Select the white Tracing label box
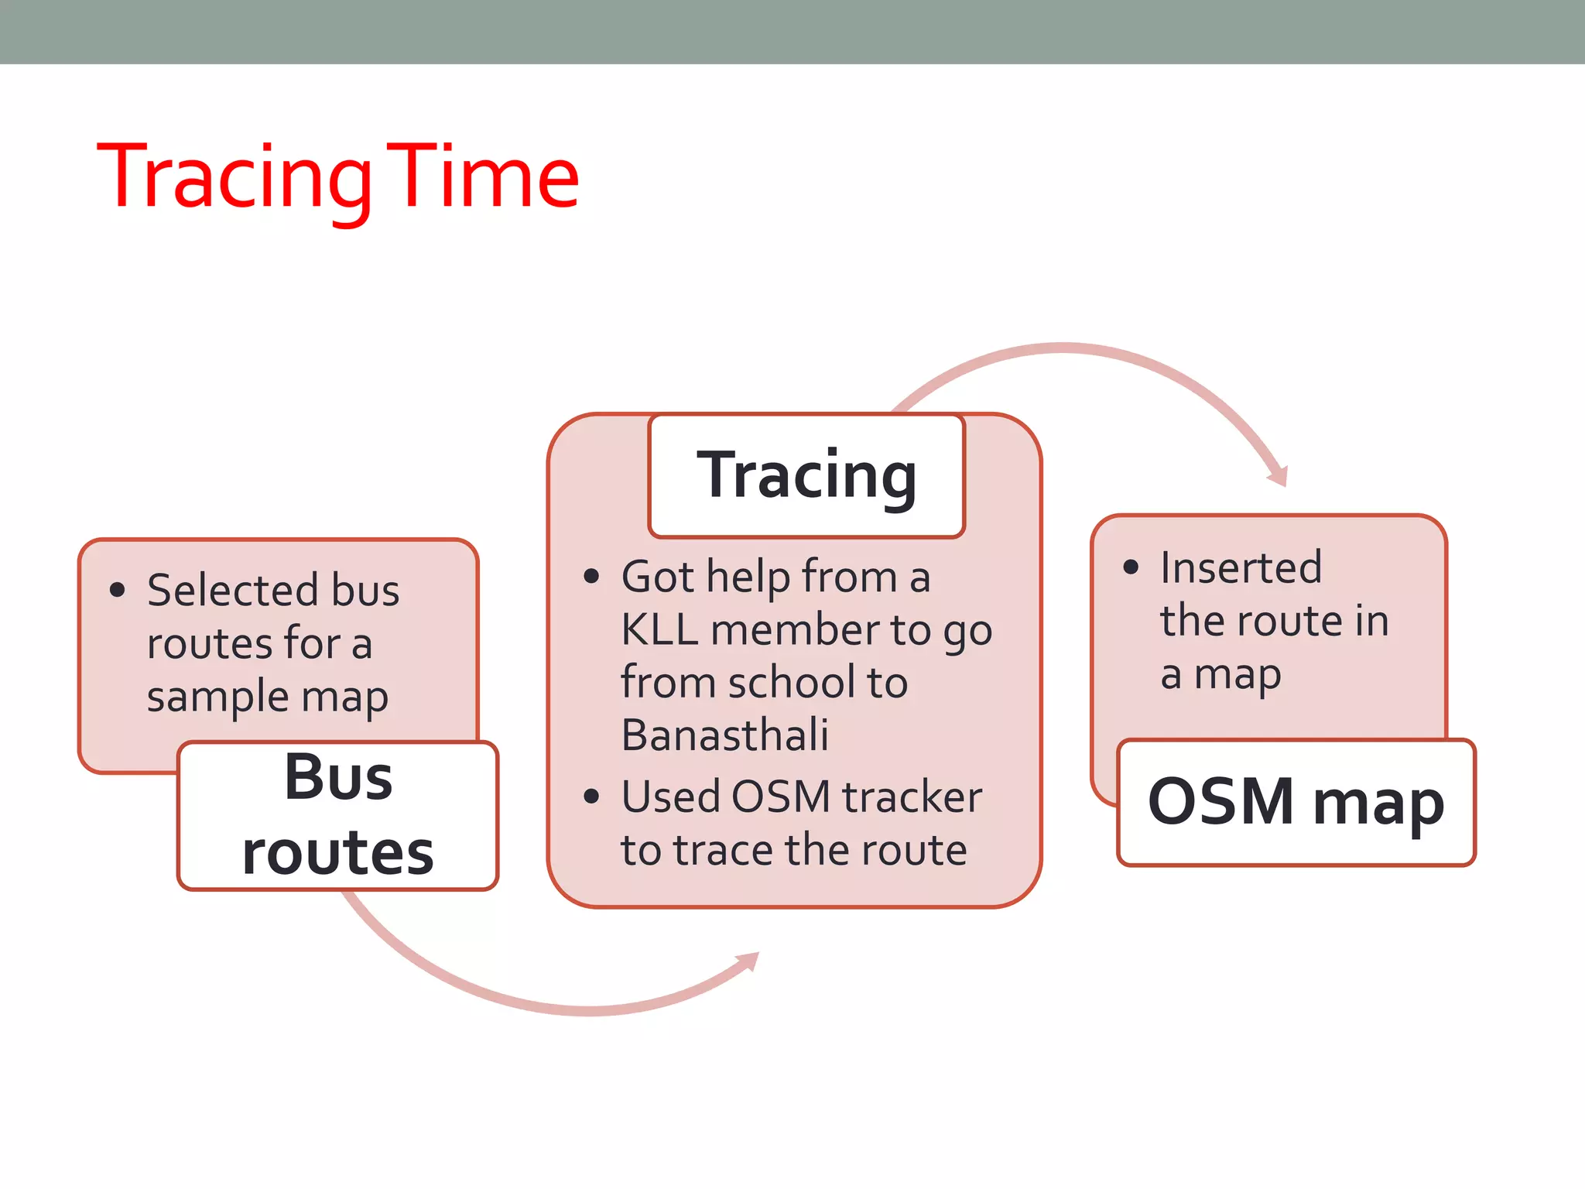click(x=806, y=475)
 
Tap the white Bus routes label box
click(x=338, y=816)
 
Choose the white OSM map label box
click(x=1296, y=802)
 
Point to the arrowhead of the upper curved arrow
click(x=1279, y=474)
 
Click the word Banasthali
click(x=724, y=735)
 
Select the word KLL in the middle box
click(x=659, y=629)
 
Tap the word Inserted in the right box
click(x=1241, y=567)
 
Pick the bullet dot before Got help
click(x=592, y=576)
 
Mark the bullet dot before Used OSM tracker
click(x=592, y=797)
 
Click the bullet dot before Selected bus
click(x=118, y=590)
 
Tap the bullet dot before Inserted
click(x=1131, y=567)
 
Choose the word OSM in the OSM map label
click(x=1220, y=802)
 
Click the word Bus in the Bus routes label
click(x=338, y=777)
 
